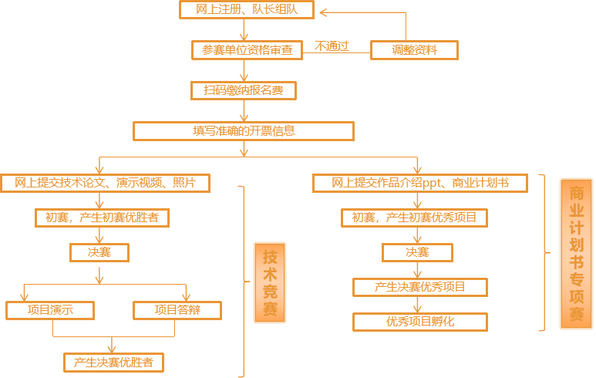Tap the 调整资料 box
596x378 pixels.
tap(414, 50)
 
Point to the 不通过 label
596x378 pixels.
tap(332, 46)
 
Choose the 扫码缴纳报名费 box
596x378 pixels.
tap(243, 90)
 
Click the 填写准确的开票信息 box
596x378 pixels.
tap(243, 131)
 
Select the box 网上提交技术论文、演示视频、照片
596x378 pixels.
tap(105, 183)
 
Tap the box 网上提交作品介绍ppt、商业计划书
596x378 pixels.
tap(420, 183)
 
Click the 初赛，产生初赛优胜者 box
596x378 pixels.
tap(101, 218)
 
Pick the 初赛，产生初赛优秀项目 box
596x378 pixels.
tap(415, 218)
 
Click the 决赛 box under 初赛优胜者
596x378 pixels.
tap(99, 252)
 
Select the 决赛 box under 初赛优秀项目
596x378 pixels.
tap(417, 252)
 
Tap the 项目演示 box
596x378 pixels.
tap(50, 310)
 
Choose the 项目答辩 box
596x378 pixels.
tap(177, 310)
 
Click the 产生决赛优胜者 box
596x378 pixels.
tap(113, 362)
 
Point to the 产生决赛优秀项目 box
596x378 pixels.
tap(420, 287)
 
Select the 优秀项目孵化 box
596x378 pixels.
tap(420, 322)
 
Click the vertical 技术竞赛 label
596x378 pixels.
tap(270, 282)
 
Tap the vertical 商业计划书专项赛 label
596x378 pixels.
tap(576, 253)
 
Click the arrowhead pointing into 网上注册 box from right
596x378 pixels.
tap(325, 12)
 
